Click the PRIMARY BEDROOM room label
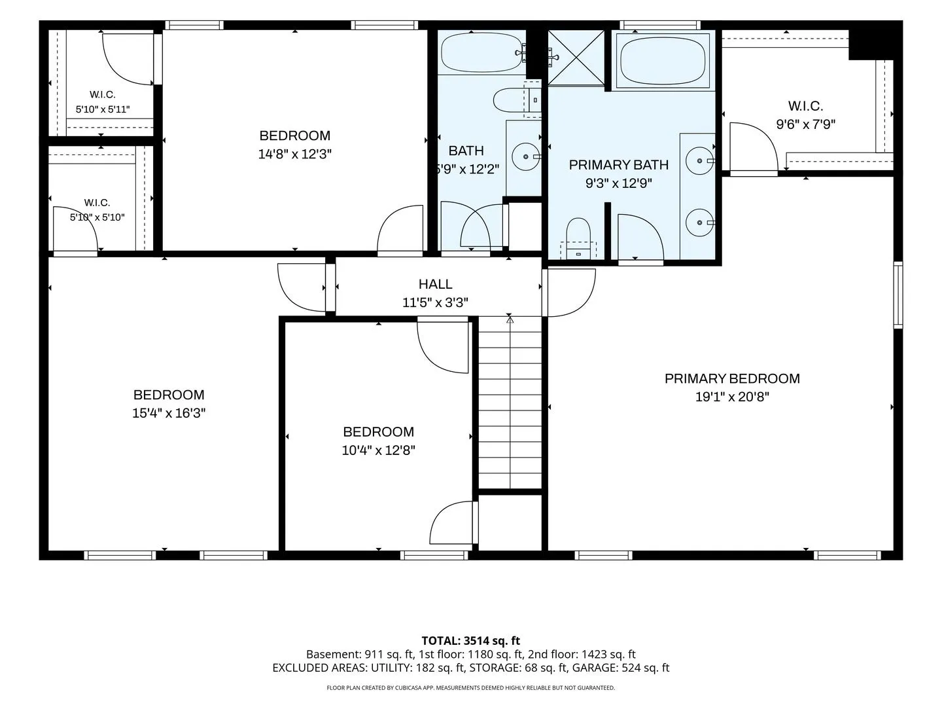pyautogui.click(x=732, y=378)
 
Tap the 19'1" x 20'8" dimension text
pyautogui.click(x=732, y=397)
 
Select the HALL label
pyautogui.click(x=435, y=284)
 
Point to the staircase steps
pyautogui.click(x=510, y=402)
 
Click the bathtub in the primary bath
pyautogui.click(x=663, y=60)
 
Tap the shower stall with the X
pyautogui.click(x=576, y=58)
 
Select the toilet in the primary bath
pyautogui.click(x=578, y=239)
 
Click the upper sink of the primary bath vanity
pyautogui.click(x=700, y=160)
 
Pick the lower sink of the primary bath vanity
pyautogui.click(x=700, y=223)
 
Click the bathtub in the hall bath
pyautogui.click(x=482, y=53)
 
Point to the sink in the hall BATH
pyautogui.click(x=526, y=156)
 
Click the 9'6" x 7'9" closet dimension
pyautogui.click(x=805, y=124)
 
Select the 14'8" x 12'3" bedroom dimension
pyautogui.click(x=295, y=154)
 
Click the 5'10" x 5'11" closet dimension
pyautogui.click(x=103, y=109)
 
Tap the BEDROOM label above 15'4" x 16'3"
pyautogui.click(x=169, y=395)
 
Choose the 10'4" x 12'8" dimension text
pyautogui.click(x=379, y=450)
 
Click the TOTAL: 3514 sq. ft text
pyautogui.click(x=471, y=641)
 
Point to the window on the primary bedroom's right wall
pyautogui.click(x=898, y=295)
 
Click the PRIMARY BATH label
pyautogui.click(x=618, y=165)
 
